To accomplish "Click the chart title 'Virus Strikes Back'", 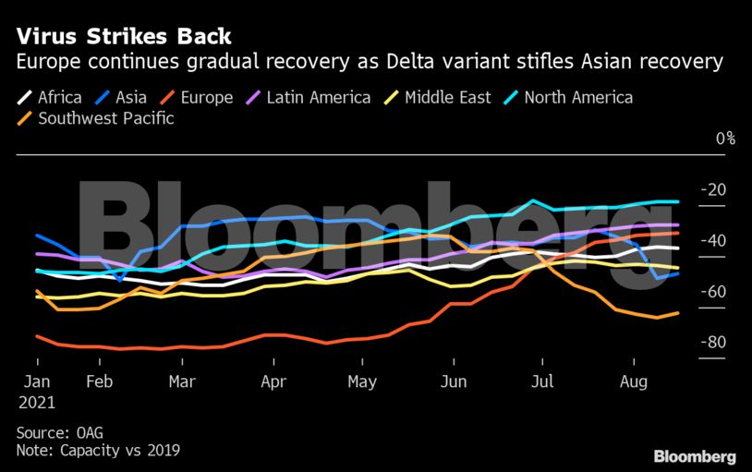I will (122, 37).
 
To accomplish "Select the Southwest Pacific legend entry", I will (103, 118).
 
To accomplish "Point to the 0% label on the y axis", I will (725, 139).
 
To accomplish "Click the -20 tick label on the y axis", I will (715, 190).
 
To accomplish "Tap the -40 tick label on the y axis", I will (715, 241).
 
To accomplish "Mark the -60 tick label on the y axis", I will (715, 292).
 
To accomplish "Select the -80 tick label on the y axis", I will (715, 343).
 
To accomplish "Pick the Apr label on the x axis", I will (273, 381).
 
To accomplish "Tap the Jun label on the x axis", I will (453, 381).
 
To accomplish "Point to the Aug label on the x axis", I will (633, 381).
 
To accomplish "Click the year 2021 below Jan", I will (36, 403).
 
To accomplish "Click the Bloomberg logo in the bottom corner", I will (695, 456).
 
